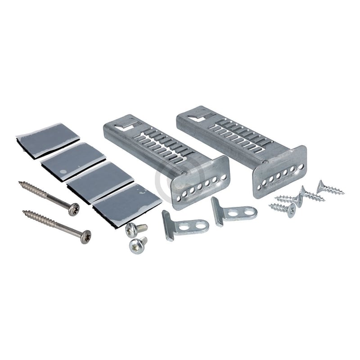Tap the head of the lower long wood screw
[84, 234]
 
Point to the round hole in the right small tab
[247, 211]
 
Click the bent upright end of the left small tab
[167, 225]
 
